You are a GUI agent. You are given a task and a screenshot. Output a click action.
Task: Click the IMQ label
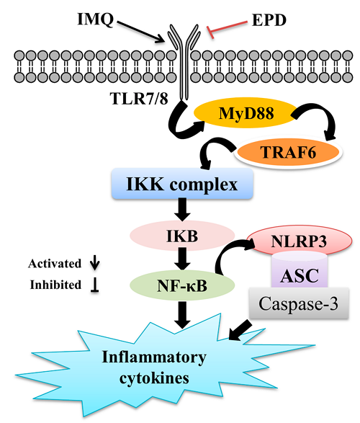point(95,19)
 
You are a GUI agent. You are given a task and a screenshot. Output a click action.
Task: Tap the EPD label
point(269,20)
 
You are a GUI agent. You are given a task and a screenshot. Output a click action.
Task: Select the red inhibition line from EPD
point(227,27)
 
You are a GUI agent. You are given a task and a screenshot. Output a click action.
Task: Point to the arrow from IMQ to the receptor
point(140,32)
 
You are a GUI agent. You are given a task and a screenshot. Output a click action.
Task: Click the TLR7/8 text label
point(139,98)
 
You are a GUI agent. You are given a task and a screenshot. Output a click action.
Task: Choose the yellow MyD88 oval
point(245,112)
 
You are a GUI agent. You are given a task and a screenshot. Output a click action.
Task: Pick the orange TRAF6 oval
point(288,152)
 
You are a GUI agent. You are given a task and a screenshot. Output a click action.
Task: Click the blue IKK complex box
point(182,184)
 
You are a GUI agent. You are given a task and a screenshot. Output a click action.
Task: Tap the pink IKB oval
point(182,236)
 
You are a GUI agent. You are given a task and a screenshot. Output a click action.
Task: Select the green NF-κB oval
point(182,285)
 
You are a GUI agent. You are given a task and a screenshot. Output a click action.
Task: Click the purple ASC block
point(300,272)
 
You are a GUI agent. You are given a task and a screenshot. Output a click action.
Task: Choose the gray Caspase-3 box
point(299,303)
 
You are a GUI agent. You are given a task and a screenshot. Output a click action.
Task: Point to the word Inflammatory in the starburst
point(154,357)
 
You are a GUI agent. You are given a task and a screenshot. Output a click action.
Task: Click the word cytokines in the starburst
point(154,378)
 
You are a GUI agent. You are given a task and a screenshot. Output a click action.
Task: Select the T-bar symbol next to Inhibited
point(94,285)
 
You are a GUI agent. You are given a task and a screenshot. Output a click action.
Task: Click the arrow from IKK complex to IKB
point(182,210)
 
